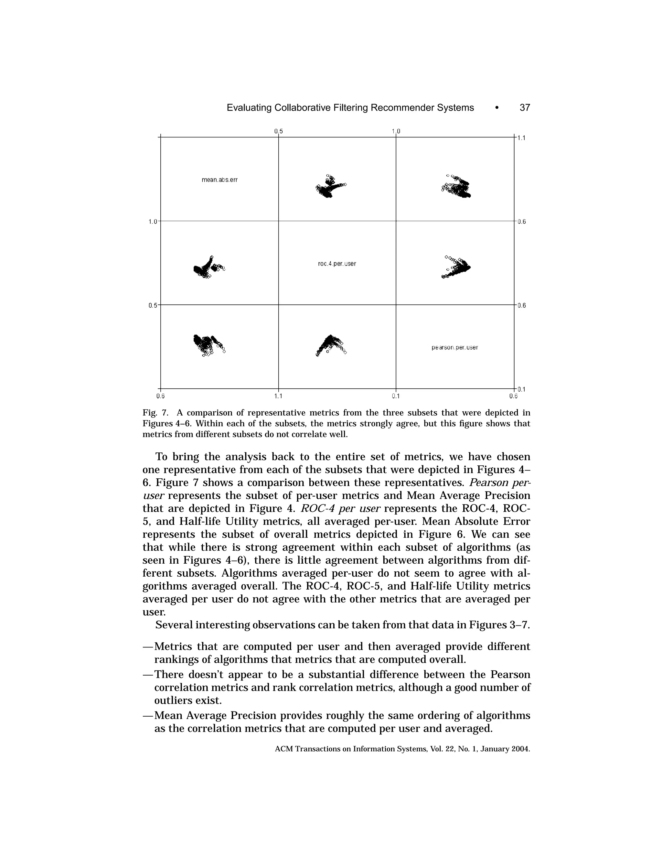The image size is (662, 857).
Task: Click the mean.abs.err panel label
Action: (x=219, y=180)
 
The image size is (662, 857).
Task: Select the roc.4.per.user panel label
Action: (x=337, y=264)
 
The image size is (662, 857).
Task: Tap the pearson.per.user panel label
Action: (x=454, y=348)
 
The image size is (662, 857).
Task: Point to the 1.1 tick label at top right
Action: (x=522, y=138)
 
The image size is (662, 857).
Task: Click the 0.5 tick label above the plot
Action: (x=278, y=131)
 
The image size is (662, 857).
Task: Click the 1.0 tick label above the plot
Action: (x=396, y=131)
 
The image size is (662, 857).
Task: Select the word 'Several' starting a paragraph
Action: (x=173, y=625)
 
